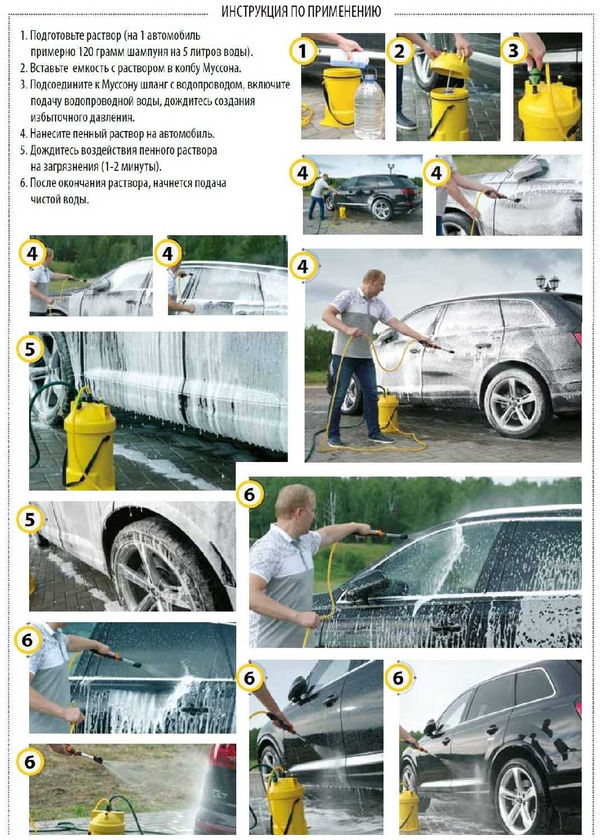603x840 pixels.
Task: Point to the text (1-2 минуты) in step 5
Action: [131, 166]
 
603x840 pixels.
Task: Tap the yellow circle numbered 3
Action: [514, 50]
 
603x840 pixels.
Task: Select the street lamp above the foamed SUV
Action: [547, 282]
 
